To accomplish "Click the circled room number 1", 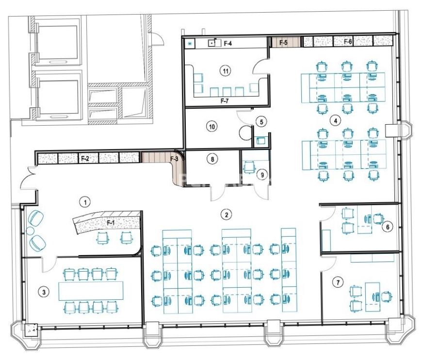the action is [85, 202].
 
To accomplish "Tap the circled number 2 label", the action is [227, 215].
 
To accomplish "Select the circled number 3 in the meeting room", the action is [44, 292].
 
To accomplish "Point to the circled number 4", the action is [336, 121].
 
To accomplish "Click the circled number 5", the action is [261, 122].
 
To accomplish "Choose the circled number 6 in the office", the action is [388, 227].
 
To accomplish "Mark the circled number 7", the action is [338, 283].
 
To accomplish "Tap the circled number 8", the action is [212, 159].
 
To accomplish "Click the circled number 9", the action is [262, 175].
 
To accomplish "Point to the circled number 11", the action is [225, 71].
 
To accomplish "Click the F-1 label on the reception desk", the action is [111, 223].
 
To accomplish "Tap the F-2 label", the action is [85, 159].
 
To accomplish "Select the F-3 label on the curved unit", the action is [175, 159].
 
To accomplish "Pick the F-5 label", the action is [283, 43].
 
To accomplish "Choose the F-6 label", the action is [348, 41].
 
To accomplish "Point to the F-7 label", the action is [225, 101].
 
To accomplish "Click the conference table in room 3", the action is [91, 291].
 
